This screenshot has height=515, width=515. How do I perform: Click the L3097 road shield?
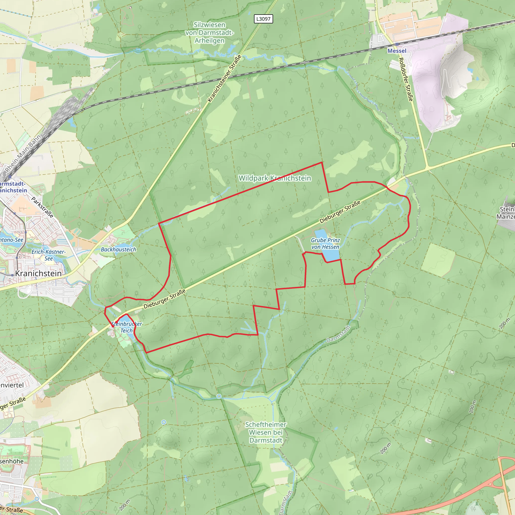click(x=263, y=19)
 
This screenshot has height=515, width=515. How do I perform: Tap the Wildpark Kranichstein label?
click(x=275, y=178)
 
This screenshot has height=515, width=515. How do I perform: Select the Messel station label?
click(x=397, y=51)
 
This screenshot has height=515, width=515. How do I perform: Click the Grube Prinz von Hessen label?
click(x=325, y=244)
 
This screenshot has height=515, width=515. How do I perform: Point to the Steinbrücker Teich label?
click(x=127, y=327)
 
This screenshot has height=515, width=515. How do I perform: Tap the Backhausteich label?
click(x=118, y=249)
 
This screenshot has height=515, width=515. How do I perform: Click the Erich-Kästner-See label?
click(x=49, y=255)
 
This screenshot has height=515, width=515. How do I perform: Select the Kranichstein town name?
click(x=38, y=274)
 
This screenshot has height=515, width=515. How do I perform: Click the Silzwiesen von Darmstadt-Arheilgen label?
click(x=209, y=33)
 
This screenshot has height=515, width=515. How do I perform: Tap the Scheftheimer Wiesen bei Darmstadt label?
click(x=266, y=432)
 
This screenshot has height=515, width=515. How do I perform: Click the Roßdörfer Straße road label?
click(x=405, y=79)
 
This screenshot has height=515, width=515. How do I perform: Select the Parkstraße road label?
click(x=42, y=207)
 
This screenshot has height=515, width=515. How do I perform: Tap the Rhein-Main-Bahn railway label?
click(x=23, y=153)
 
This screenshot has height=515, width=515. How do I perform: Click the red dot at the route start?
click(x=113, y=326)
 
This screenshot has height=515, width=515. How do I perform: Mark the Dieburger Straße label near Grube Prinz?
click(x=340, y=212)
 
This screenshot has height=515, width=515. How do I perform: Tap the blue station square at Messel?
click(x=397, y=44)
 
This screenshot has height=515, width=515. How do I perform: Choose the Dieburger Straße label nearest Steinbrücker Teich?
click(x=164, y=299)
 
